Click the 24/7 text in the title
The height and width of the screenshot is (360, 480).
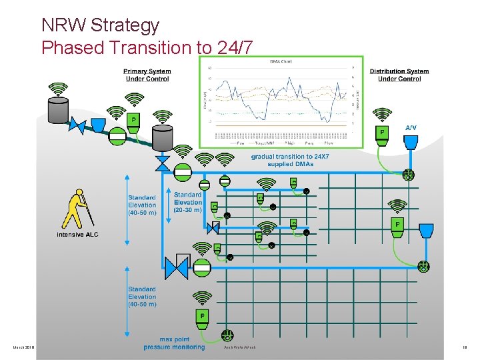pyautogui.click(x=235, y=48)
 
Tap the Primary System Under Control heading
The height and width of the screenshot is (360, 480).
pyautogui.click(x=147, y=75)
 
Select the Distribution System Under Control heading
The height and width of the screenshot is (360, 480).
pyautogui.click(x=399, y=75)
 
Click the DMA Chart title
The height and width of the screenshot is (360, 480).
pyautogui.click(x=281, y=61)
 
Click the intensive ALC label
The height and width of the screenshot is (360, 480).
pyautogui.click(x=77, y=235)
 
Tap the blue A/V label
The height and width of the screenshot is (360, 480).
pyautogui.click(x=413, y=127)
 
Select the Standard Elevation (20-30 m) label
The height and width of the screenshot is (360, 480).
pyautogui.click(x=187, y=203)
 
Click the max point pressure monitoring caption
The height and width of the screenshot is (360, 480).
pyautogui.click(x=174, y=343)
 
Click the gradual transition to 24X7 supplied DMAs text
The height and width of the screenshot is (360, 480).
pyautogui.click(x=290, y=160)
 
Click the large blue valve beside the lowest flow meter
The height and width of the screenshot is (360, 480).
pyautogui.click(x=177, y=267)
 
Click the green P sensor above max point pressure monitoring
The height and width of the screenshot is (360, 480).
pyautogui.click(x=202, y=317)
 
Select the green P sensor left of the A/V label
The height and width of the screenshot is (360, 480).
pyautogui.click(x=382, y=134)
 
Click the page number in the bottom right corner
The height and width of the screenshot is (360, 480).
pyautogui.click(x=465, y=347)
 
